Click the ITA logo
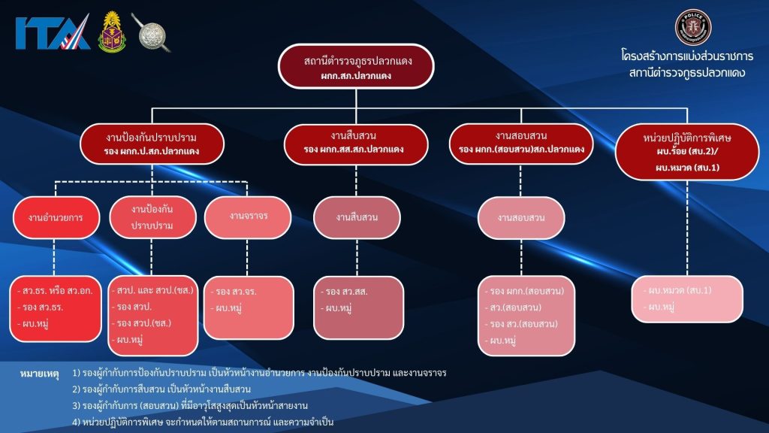click(x=53, y=32)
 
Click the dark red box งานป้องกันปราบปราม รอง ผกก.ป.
click(x=152, y=143)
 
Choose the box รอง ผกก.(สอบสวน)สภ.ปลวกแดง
click(x=521, y=143)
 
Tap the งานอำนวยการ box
click(x=56, y=217)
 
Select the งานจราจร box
click(x=249, y=215)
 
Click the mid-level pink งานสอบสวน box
click(x=520, y=218)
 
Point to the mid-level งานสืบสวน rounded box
click(x=357, y=217)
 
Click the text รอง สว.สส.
click(x=346, y=291)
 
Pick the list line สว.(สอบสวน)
click(x=516, y=307)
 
